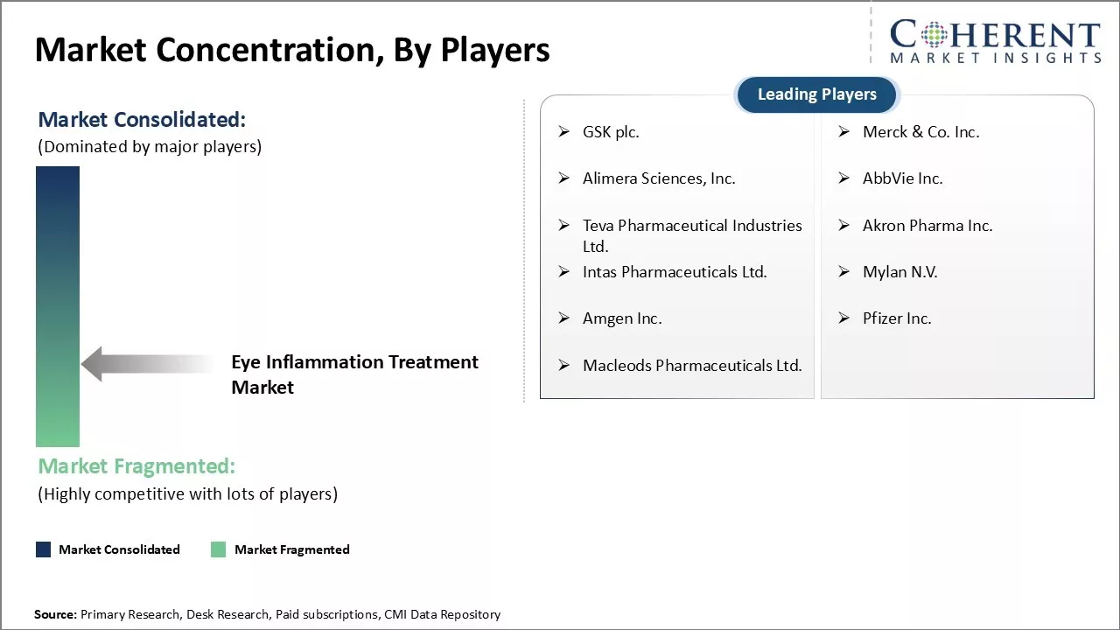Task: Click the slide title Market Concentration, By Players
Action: (292, 50)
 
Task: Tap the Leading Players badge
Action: (816, 94)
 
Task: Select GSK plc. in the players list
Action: (611, 132)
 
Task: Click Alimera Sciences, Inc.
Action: (659, 178)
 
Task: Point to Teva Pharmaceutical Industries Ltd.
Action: (691, 235)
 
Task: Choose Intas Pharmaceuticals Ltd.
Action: (675, 272)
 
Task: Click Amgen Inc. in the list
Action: (622, 318)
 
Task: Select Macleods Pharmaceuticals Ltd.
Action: (692, 366)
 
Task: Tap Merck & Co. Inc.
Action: (920, 132)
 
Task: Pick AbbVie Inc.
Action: (902, 178)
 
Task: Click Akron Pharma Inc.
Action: (927, 226)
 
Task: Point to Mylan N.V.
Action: (899, 272)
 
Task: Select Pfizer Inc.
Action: (897, 318)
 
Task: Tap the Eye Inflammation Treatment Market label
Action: (354, 374)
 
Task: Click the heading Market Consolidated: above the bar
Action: (142, 120)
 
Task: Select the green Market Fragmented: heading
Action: (136, 466)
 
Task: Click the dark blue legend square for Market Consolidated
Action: (43, 549)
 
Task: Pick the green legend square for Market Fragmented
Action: (219, 549)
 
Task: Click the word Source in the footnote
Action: (55, 615)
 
